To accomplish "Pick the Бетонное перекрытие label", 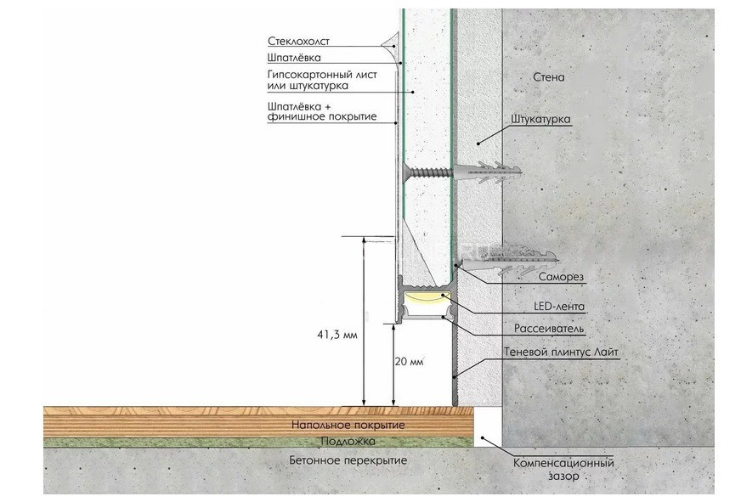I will [x=348, y=460].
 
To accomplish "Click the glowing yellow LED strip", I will [x=425, y=298].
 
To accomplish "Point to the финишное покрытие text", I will [x=321, y=116].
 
